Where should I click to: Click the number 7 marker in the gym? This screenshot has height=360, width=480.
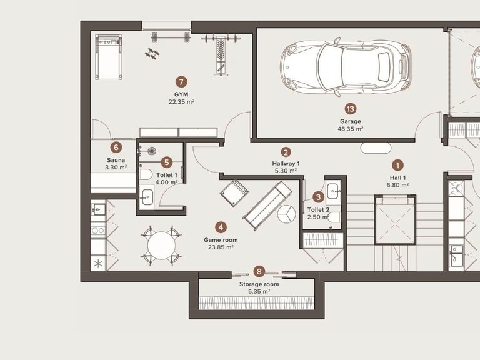coord(181,82)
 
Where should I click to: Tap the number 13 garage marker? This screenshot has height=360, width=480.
coord(351,109)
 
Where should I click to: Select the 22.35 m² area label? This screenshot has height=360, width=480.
coord(181,102)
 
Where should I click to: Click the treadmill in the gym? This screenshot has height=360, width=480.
coord(108,57)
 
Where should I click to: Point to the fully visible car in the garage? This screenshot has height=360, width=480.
coord(346,67)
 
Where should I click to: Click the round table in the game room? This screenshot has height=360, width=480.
coord(161,246)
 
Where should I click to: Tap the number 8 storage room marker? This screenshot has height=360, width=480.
coord(259,271)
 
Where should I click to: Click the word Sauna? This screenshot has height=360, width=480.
coord(116,160)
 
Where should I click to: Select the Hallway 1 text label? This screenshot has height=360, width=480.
coord(286,164)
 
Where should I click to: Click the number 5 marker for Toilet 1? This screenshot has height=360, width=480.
coord(166,162)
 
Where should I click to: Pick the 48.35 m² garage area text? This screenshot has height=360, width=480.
coord(351,129)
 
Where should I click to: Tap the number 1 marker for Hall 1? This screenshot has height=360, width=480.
coord(397,165)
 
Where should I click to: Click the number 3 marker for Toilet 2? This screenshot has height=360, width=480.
coord(318,197)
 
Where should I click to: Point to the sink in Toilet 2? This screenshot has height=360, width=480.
coord(333,192)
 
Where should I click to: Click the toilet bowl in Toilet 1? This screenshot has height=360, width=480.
coord(146,175)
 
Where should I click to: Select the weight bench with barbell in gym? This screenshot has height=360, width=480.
coord(221,54)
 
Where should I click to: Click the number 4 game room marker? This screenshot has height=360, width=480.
coord(221,227)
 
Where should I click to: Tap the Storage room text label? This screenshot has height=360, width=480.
coord(259,284)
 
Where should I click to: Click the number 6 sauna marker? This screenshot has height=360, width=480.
coord(116,147)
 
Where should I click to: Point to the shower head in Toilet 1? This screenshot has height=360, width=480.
coord(151,151)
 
